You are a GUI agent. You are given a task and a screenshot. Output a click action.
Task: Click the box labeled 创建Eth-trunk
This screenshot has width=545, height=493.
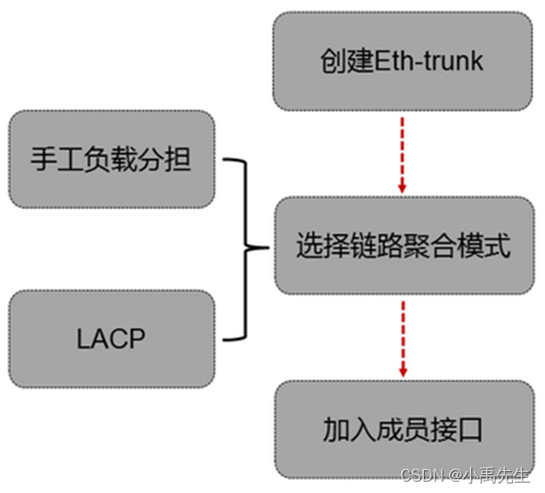402,62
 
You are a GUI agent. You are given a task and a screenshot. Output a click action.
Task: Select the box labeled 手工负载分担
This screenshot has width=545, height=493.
112,159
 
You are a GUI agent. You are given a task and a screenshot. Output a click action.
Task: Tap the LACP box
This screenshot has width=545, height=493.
112,339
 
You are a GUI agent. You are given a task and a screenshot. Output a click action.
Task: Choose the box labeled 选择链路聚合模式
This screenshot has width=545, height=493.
405,245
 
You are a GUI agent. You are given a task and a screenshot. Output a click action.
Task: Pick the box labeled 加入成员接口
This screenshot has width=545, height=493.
405,430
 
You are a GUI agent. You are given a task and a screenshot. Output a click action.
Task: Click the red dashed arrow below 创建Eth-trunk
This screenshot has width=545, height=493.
402,155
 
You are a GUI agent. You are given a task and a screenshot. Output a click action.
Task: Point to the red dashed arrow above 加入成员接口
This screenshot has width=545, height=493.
403,339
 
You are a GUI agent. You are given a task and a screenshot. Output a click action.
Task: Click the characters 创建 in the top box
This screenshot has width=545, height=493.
347,62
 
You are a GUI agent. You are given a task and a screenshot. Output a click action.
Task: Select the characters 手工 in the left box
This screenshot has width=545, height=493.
58,159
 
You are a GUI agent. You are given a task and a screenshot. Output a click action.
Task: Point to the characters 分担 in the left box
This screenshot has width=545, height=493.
165,159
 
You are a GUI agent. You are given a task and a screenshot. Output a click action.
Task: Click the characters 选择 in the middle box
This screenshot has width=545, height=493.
323,245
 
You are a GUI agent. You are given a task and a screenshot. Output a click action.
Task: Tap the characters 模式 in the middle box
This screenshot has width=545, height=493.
484,245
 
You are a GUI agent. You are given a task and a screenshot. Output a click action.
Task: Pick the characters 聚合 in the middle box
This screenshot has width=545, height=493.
431,245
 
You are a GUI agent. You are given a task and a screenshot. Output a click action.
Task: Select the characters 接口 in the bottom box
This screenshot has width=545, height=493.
456,430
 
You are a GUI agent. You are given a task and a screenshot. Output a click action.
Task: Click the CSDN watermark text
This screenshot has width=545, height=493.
423,475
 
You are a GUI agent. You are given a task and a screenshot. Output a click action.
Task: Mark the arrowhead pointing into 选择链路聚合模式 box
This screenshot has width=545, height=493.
402,189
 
